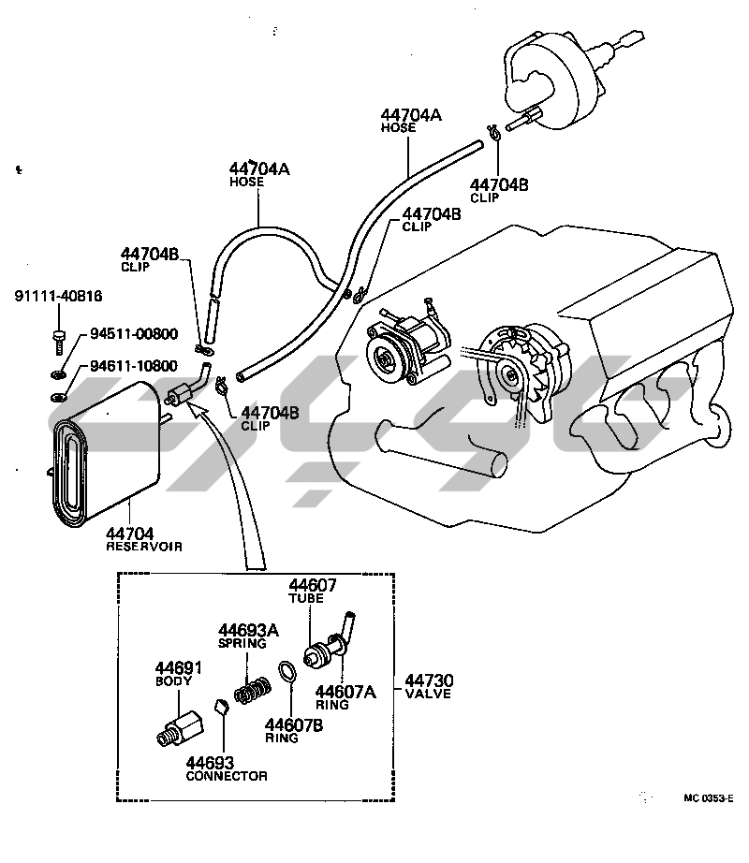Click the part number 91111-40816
(58, 296)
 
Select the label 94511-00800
(134, 333)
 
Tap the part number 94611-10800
(134, 366)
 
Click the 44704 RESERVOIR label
(143, 539)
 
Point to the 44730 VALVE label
(428, 686)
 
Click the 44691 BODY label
(178, 674)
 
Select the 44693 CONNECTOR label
(227, 768)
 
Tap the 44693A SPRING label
(248, 636)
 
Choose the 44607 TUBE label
(312, 591)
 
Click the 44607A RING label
(345, 697)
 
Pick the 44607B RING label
(294, 731)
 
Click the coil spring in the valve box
(253, 690)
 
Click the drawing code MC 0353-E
(709, 798)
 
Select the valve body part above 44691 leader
(180, 729)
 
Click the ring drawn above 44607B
(287, 671)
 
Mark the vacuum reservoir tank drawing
(106, 455)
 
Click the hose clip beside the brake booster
(493, 132)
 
